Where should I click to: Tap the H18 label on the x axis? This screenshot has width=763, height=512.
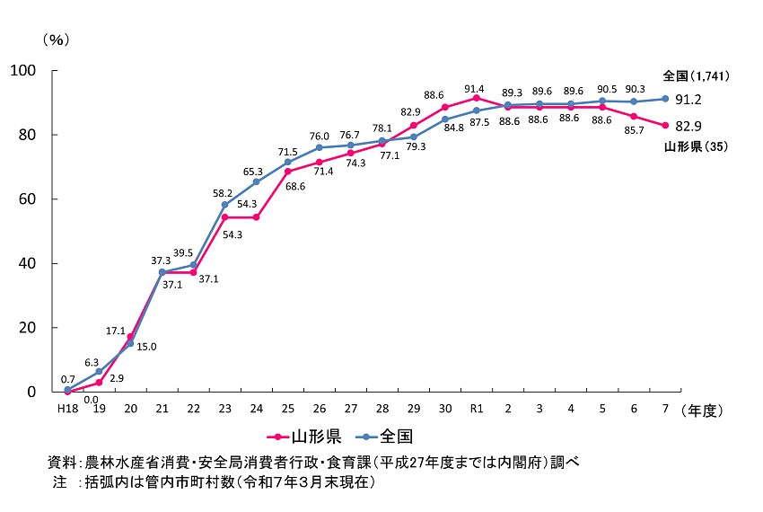point(66,410)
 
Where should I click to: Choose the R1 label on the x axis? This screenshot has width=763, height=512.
point(476,410)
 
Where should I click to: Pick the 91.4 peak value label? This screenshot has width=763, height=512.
point(473,88)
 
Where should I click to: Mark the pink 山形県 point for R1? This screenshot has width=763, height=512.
point(476,97)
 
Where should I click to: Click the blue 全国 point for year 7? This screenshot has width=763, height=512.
point(665,98)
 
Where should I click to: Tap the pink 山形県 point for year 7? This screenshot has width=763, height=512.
point(665,125)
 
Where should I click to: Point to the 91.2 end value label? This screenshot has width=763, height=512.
point(689,100)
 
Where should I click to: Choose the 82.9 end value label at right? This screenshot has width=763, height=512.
point(689,125)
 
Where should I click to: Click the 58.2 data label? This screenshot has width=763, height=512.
point(223,193)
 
